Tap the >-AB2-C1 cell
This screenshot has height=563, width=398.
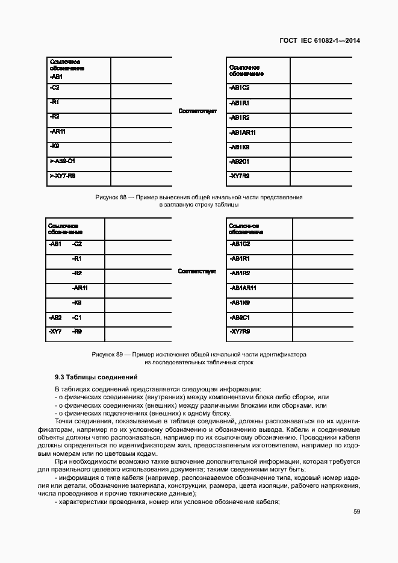[x=62, y=161]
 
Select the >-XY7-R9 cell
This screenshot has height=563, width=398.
[x=62, y=176]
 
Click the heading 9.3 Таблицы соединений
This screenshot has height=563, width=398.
[x=96, y=377]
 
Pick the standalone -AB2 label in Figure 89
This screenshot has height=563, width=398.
[x=55, y=317]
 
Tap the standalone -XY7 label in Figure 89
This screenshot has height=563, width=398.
[x=55, y=332]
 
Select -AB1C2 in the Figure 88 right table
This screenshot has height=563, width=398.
[x=240, y=88]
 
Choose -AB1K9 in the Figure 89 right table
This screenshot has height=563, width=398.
[x=240, y=302]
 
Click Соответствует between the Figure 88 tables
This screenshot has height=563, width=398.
[x=197, y=111]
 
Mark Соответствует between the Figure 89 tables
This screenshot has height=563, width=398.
[x=197, y=272]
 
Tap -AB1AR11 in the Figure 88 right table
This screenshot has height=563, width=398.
[x=243, y=132]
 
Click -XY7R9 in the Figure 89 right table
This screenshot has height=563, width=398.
[x=240, y=332]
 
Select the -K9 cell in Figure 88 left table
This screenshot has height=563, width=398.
[x=54, y=146]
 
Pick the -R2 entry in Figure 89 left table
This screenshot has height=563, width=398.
[x=76, y=273]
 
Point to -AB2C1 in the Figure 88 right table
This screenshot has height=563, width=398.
[x=240, y=161]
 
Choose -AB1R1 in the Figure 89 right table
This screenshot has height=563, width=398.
[x=240, y=258]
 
